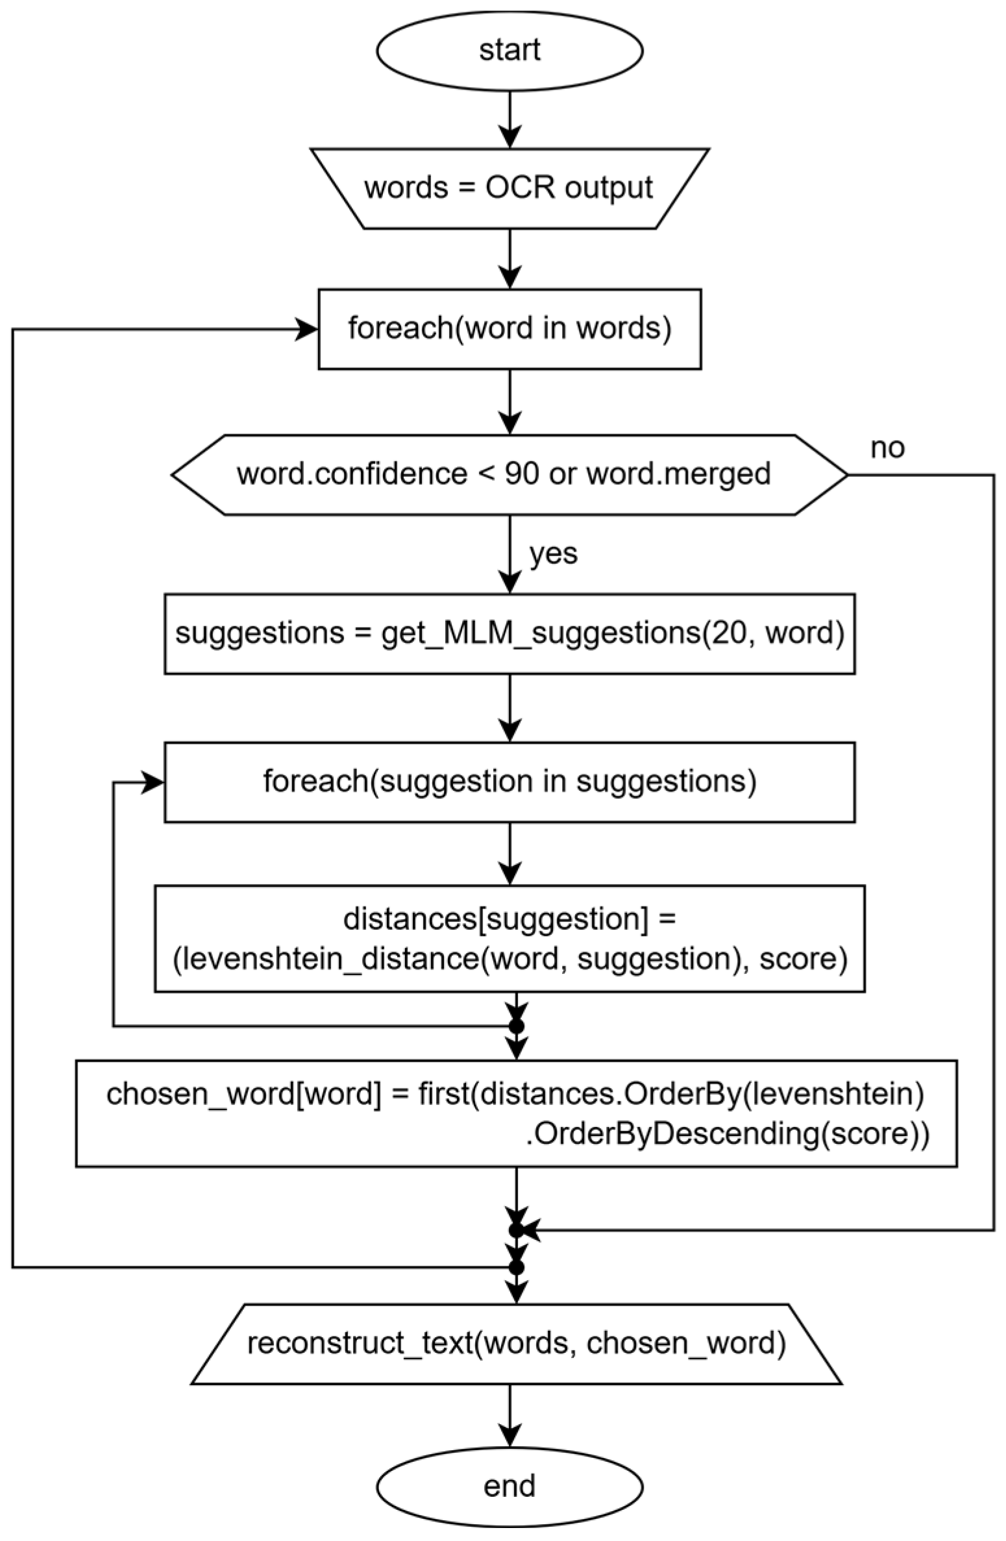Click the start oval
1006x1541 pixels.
point(509,51)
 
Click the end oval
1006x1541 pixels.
point(509,1486)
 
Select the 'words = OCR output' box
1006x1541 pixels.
point(509,188)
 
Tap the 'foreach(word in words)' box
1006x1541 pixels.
point(509,329)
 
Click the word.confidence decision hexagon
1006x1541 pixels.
point(509,474)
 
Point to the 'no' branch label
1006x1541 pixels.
point(887,448)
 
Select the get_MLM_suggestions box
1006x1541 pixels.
point(509,633)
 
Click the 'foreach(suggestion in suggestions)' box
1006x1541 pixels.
point(509,782)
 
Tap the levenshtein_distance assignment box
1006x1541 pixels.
point(509,938)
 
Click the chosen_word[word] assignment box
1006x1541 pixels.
point(516,1113)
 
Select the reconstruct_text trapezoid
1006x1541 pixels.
point(516,1344)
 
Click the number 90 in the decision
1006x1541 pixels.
point(521,474)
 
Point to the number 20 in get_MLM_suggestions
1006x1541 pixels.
point(729,633)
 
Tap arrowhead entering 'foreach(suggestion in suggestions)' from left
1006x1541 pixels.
point(154,782)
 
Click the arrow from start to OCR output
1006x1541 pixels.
point(509,120)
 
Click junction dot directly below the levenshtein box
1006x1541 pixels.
point(516,1026)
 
